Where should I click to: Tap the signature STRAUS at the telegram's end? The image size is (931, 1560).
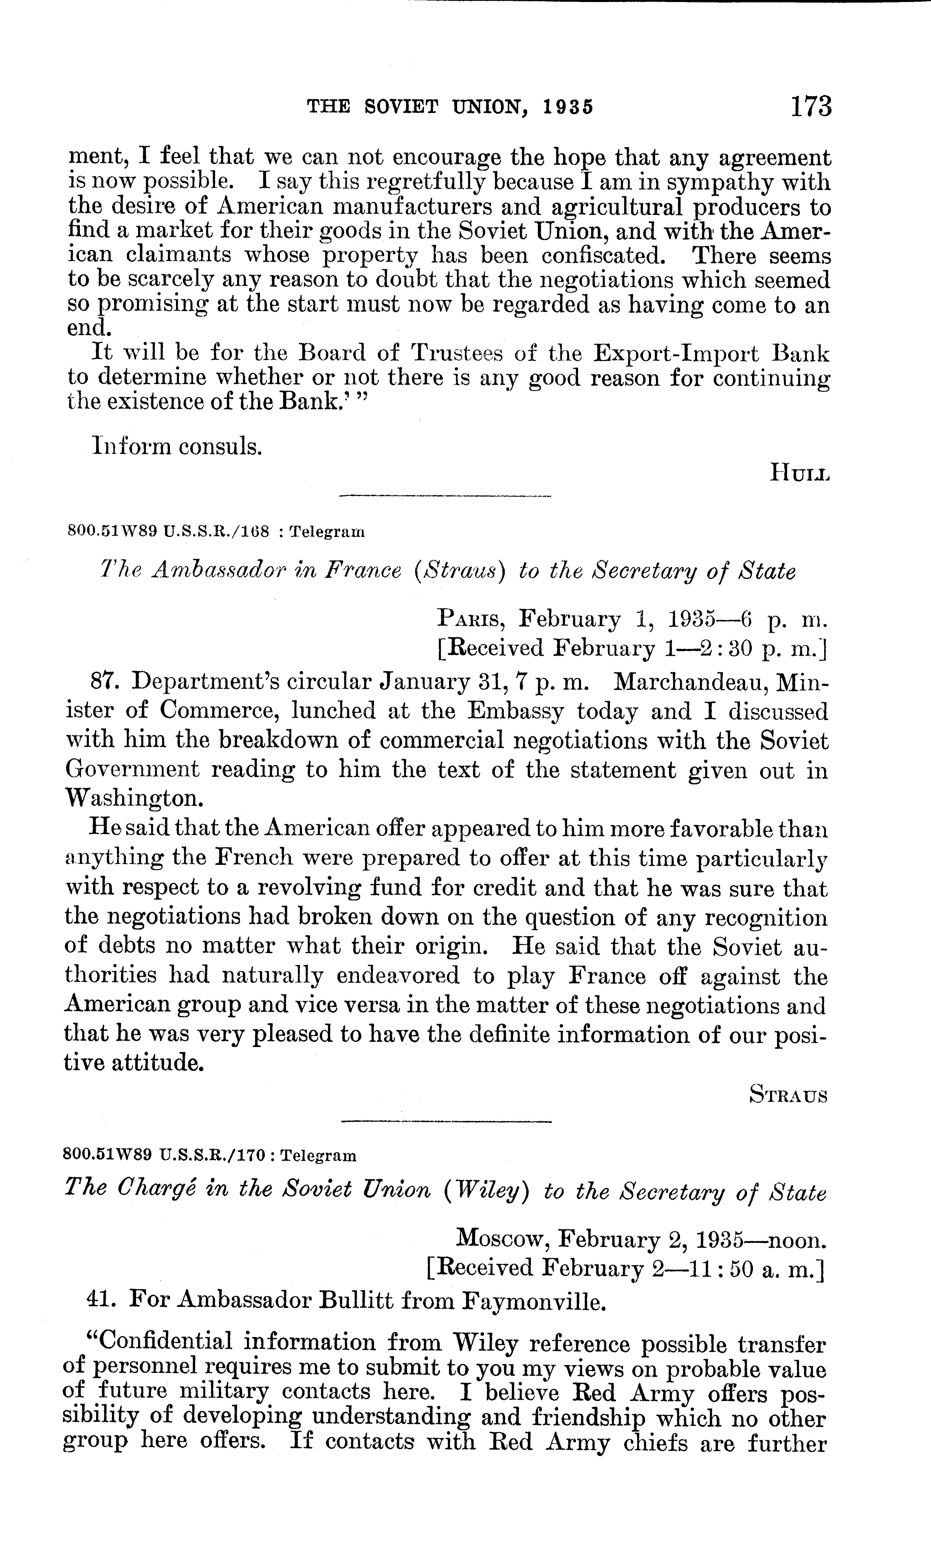point(789,1096)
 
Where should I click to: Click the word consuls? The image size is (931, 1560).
point(219,447)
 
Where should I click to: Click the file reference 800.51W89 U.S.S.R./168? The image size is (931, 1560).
point(168,532)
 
